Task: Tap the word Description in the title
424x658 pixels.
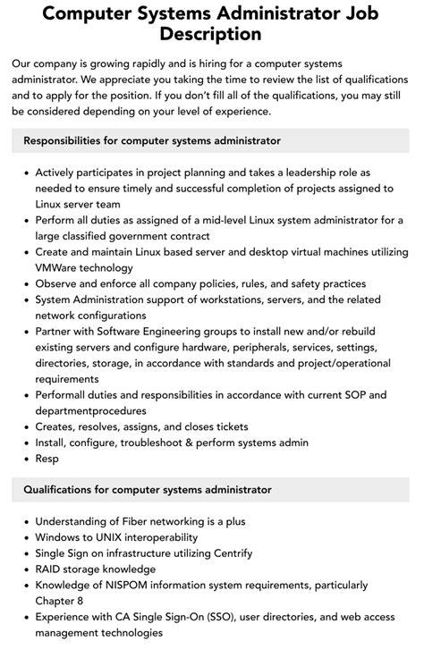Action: pos(211,34)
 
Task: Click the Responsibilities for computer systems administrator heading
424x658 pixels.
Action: pos(152,140)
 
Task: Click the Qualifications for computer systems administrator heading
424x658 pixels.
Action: pos(148,489)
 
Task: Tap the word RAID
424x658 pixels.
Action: pos(51,569)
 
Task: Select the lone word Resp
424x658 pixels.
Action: pos(47,459)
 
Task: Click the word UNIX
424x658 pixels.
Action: pos(119,537)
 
